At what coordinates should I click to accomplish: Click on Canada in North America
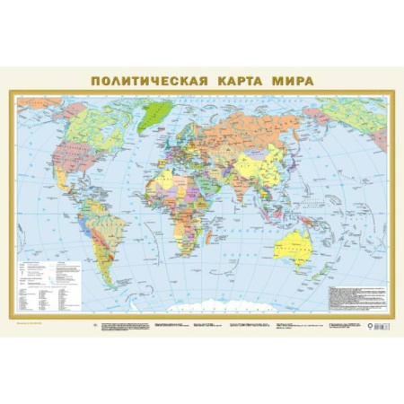pos(85,126)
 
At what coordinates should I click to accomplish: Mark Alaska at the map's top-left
pos(36,115)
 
